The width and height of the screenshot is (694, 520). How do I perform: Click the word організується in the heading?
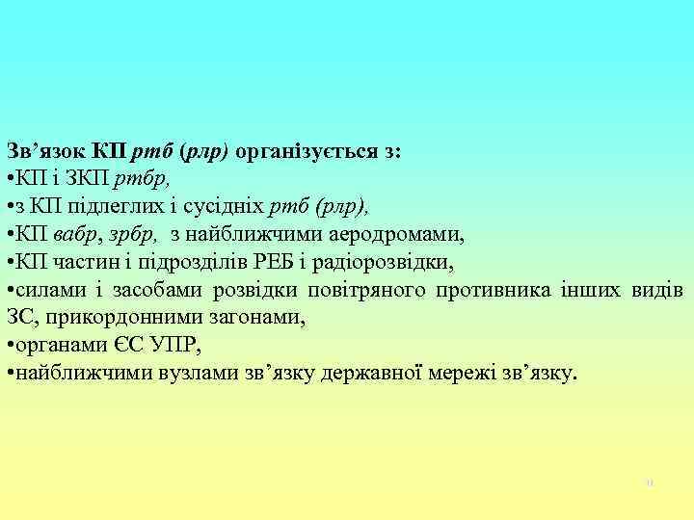click(308, 151)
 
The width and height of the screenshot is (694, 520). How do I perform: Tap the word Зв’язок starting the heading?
click(46, 151)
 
